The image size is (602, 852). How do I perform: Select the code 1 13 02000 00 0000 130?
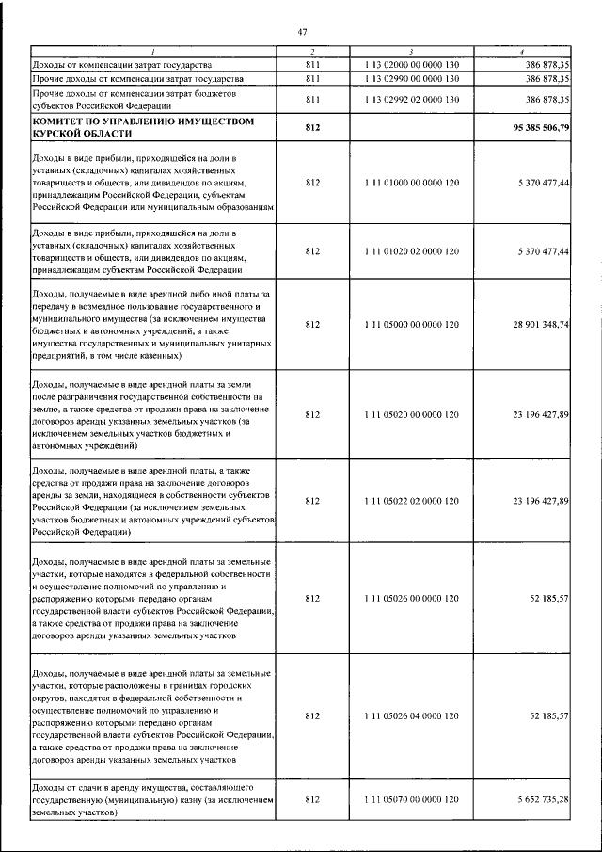click(x=411, y=64)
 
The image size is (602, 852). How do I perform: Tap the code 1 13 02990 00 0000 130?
click(x=411, y=79)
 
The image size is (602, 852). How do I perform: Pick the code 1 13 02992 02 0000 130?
click(x=411, y=99)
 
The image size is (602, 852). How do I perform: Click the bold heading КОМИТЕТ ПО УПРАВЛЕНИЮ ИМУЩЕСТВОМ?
click(x=142, y=121)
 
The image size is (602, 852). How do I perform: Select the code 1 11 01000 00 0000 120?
click(x=411, y=184)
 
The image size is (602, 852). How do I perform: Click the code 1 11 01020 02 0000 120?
click(x=411, y=251)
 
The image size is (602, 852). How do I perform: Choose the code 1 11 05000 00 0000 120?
click(x=411, y=325)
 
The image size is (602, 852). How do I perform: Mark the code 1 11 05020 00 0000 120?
click(x=411, y=414)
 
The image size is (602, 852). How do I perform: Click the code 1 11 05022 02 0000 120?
click(x=411, y=502)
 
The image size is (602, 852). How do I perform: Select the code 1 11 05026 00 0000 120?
click(x=411, y=599)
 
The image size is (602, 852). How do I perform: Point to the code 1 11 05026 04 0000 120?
click(x=411, y=716)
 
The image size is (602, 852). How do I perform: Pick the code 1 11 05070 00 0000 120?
click(x=411, y=798)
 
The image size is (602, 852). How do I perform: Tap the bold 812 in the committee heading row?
click(x=313, y=126)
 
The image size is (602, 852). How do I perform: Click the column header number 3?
click(x=411, y=50)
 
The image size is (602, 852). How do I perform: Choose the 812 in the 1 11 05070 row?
click(x=313, y=798)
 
